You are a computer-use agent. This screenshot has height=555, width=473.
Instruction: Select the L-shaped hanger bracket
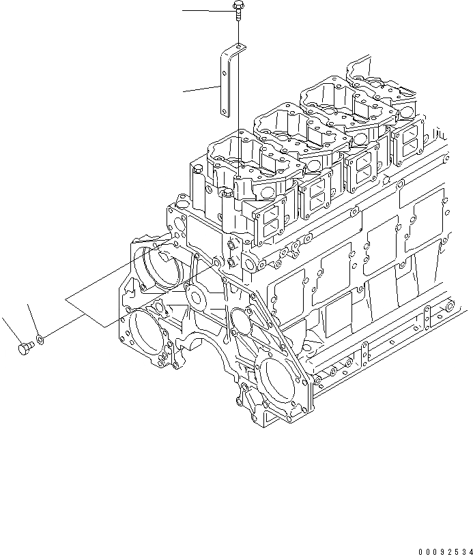point(225,82)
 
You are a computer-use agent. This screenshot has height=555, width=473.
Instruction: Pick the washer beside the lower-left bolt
point(40,338)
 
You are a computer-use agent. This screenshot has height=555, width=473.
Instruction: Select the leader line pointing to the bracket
point(201,89)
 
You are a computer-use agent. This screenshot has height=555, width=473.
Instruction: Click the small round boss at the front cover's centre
point(197,297)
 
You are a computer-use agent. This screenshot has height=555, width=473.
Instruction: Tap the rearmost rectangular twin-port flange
point(408,145)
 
